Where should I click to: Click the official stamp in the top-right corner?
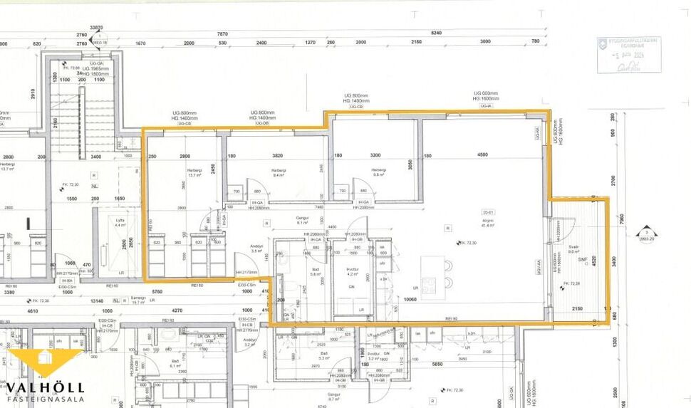pos(628,54)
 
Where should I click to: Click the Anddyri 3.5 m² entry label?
pos(258,249)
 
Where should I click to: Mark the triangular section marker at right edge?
pos(646,233)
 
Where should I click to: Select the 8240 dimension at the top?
pos(437,33)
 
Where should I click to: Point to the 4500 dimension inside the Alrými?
pos(482,155)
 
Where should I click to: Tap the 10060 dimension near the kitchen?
pos(410,299)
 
